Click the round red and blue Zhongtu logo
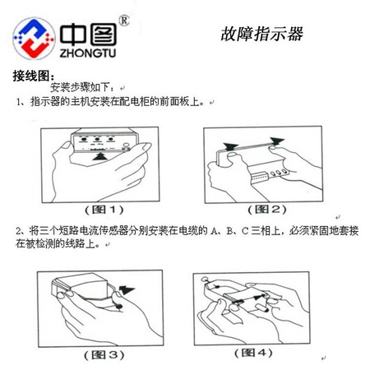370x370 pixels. coord(34,39)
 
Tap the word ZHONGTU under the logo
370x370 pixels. coord(88,53)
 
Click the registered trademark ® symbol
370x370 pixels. coord(124,21)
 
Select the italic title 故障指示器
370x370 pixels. coord(261,34)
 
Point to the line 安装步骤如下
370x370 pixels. coord(81,87)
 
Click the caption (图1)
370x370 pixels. coord(104,210)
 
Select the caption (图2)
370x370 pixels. coord(267,210)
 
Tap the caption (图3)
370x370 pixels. coord(104,355)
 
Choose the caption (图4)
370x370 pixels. coord(253,353)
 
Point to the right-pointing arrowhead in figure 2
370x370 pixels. coord(277,141)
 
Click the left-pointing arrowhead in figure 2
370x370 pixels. coord(231,146)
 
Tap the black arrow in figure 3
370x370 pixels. coord(127,290)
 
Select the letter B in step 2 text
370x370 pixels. coord(229,231)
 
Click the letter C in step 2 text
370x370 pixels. coord(245,231)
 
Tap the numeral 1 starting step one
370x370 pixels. coord(18,102)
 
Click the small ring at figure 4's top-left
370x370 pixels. coord(205,280)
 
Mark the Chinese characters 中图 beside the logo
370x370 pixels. coord(88,35)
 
